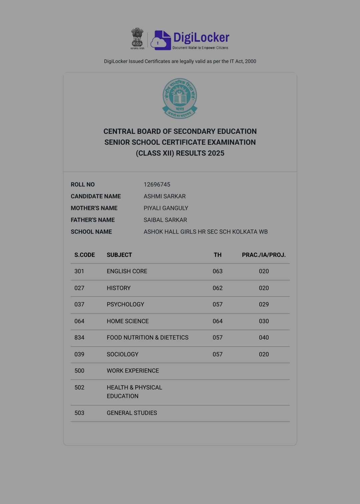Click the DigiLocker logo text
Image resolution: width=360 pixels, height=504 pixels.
(201, 37)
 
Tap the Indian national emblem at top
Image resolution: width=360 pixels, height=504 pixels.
(137, 38)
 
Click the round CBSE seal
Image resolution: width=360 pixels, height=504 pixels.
(180, 98)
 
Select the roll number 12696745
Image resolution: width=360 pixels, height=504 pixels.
(157, 184)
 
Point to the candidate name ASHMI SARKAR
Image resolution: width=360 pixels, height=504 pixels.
(164, 196)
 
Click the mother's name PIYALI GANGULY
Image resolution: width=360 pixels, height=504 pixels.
(166, 208)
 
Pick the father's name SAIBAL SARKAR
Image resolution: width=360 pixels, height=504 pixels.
(165, 220)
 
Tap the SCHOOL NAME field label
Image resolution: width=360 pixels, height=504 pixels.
(91, 231)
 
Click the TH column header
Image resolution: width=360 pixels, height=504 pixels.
(217, 255)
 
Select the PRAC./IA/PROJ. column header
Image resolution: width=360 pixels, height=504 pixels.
(264, 255)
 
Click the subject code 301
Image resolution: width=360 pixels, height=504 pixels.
(79, 271)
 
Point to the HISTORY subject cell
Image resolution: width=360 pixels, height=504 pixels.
(118, 288)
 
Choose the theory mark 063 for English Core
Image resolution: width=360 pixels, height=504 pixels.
(217, 271)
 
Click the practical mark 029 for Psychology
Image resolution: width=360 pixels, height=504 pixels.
(264, 304)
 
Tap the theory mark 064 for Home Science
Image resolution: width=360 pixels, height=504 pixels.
(217, 321)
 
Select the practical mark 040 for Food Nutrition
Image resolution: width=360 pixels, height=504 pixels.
(264, 338)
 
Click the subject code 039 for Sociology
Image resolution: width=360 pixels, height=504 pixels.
(79, 354)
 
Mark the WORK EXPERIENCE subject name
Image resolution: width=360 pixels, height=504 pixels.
(133, 371)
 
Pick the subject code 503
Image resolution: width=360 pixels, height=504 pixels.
(79, 413)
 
